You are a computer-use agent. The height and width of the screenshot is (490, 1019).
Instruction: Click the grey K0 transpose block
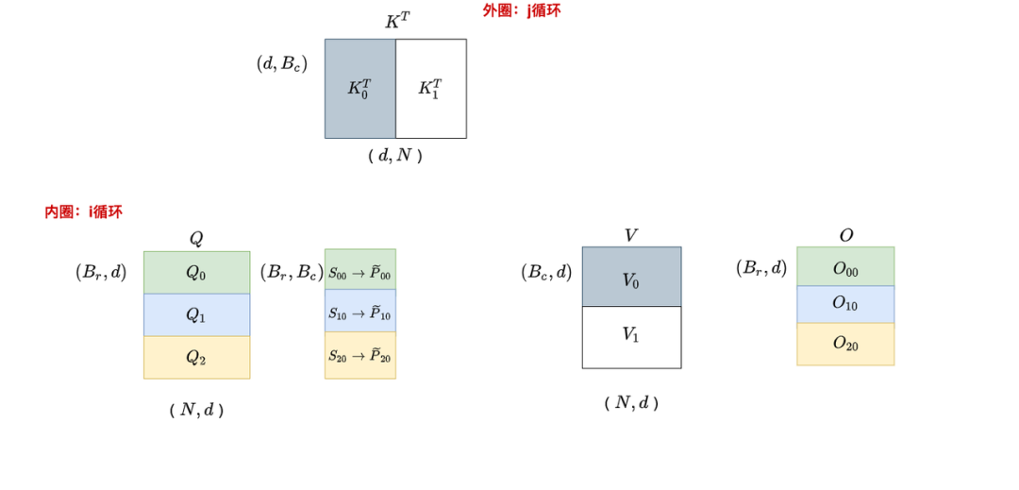(359, 89)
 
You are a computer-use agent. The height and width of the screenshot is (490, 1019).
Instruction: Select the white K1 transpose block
(430, 89)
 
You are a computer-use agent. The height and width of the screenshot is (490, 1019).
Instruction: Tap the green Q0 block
(196, 272)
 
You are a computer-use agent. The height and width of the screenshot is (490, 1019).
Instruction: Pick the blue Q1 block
(196, 314)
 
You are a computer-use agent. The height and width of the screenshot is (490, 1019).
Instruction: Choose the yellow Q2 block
(196, 357)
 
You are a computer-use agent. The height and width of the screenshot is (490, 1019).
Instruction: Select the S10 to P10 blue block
(360, 311)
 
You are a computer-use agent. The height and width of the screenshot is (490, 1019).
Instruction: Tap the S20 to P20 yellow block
(360, 355)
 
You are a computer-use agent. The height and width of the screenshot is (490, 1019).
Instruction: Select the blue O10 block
(845, 304)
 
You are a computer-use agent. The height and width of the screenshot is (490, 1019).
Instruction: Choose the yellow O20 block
(845, 344)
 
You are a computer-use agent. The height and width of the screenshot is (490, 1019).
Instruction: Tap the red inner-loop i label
(83, 211)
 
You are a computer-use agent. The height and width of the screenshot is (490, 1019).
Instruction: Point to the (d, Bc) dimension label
(282, 64)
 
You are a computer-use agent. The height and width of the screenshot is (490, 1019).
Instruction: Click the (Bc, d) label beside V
(546, 272)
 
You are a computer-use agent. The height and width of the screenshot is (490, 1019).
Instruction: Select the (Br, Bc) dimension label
(288, 272)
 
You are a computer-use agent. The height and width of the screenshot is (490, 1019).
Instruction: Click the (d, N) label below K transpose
(395, 156)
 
